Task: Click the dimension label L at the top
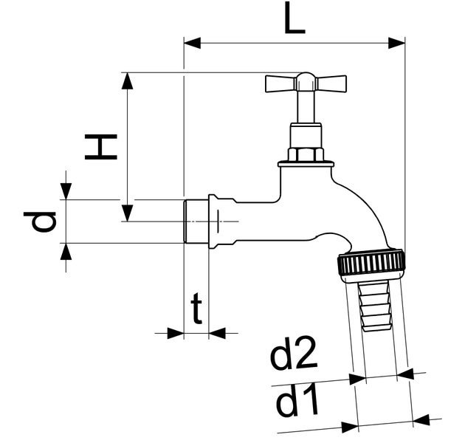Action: (294, 20)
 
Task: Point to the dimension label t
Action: (196, 311)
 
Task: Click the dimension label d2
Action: (293, 357)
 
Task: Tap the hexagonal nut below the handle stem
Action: (305, 154)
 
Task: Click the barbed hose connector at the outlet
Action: (375, 306)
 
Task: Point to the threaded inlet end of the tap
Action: (196, 220)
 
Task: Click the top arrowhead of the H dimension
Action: (128, 80)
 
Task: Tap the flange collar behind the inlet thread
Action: (213, 220)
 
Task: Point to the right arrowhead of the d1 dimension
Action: (421, 420)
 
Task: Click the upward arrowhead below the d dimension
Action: (66, 251)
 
